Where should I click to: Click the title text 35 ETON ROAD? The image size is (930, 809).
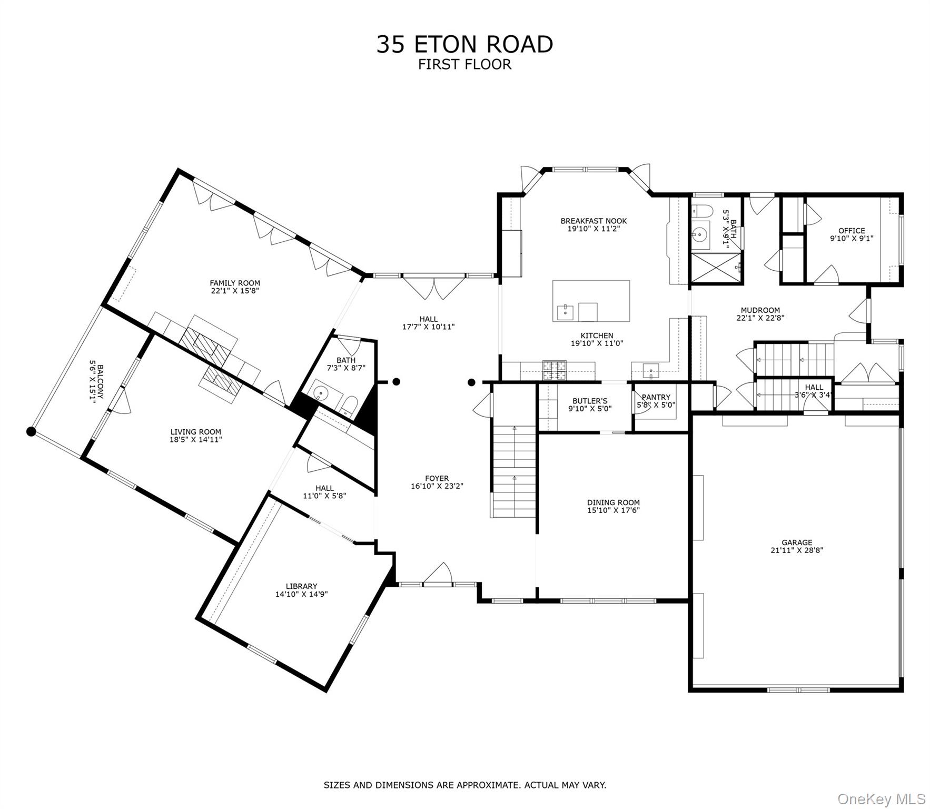tap(464, 44)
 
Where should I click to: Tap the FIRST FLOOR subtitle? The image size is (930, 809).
tap(464, 64)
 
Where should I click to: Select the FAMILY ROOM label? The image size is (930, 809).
tap(235, 283)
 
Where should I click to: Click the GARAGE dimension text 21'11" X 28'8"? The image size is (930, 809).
tap(796, 550)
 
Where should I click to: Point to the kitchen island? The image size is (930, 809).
tap(591, 301)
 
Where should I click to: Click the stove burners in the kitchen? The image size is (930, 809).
tap(554, 370)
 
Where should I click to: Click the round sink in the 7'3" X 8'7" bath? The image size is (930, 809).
tap(321, 393)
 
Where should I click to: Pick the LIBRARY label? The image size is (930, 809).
tap(301, 586)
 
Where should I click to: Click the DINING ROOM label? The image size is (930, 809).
tap(613, 502)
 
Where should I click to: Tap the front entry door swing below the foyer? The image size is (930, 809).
tap(439, 574)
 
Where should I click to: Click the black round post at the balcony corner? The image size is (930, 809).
tap(31, 432)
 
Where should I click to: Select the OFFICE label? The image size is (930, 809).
tap(851, 230)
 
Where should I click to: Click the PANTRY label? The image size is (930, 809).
tap(656, 397)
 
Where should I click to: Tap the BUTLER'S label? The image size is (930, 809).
tap(590, 401)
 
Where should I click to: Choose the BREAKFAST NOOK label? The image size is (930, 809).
tap(593, 221)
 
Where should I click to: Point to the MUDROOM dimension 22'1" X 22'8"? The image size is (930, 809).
tap(760, 318)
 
